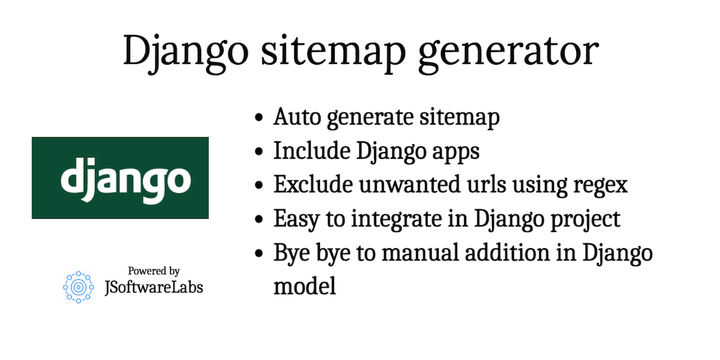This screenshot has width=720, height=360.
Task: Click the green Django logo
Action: tap(120, 178)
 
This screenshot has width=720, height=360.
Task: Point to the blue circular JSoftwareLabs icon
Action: tap(78, 287)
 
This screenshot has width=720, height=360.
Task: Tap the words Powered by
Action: tap(154, 271)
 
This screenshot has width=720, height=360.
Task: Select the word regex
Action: tap(600, 185)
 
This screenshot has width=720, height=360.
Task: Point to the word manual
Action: tap(425, 252)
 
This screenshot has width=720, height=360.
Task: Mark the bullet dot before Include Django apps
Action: tap(260, 152)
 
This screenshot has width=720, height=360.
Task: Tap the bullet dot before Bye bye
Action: tap(260, 253)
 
